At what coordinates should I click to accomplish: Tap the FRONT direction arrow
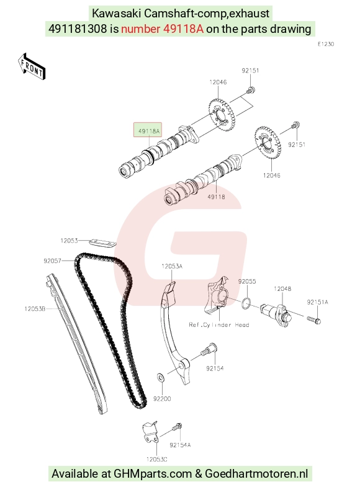(32, 67)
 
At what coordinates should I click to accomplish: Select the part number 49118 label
(216, 197)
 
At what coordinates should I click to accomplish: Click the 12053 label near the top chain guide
(69, 241)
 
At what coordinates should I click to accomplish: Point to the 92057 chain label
(53, 261)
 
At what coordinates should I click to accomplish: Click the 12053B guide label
(35, 309)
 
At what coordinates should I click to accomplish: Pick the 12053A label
(172, 266)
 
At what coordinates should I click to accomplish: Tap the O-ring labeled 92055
(246, 303)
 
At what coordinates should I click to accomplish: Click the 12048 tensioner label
(282, 289)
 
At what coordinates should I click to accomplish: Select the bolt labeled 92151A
(313, 319)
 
